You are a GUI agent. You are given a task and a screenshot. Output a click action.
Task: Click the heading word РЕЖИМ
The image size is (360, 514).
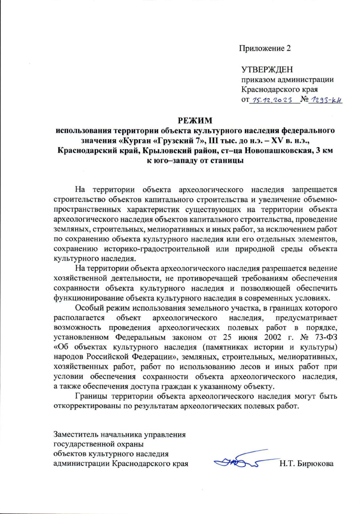[195, 121]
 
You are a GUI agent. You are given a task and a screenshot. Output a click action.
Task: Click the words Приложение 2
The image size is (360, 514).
[265, 48]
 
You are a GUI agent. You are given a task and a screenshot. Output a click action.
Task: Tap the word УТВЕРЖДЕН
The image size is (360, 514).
[267, 70]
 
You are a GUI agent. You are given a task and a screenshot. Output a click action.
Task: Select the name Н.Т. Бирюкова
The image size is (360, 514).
[306, 463]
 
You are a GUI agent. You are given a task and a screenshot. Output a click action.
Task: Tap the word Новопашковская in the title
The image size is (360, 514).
[276, 150]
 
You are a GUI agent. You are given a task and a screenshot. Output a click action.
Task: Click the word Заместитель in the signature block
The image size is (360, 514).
[76, 434]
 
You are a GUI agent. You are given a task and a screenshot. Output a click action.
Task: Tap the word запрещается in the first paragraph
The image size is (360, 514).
[314, 190]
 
